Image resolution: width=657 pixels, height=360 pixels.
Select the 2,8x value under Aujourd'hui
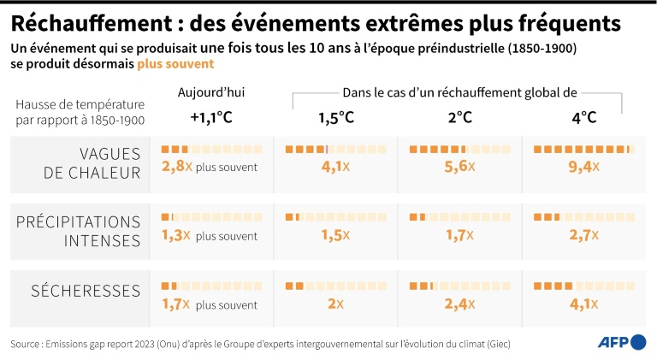coord(175,166)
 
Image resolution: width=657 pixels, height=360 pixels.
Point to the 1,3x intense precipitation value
coord(175,235)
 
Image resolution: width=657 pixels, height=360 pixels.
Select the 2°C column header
coord(459,117)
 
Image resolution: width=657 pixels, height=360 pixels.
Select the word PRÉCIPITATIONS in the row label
coord(78,222)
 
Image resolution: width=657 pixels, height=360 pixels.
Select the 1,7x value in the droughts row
coord(175,303)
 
